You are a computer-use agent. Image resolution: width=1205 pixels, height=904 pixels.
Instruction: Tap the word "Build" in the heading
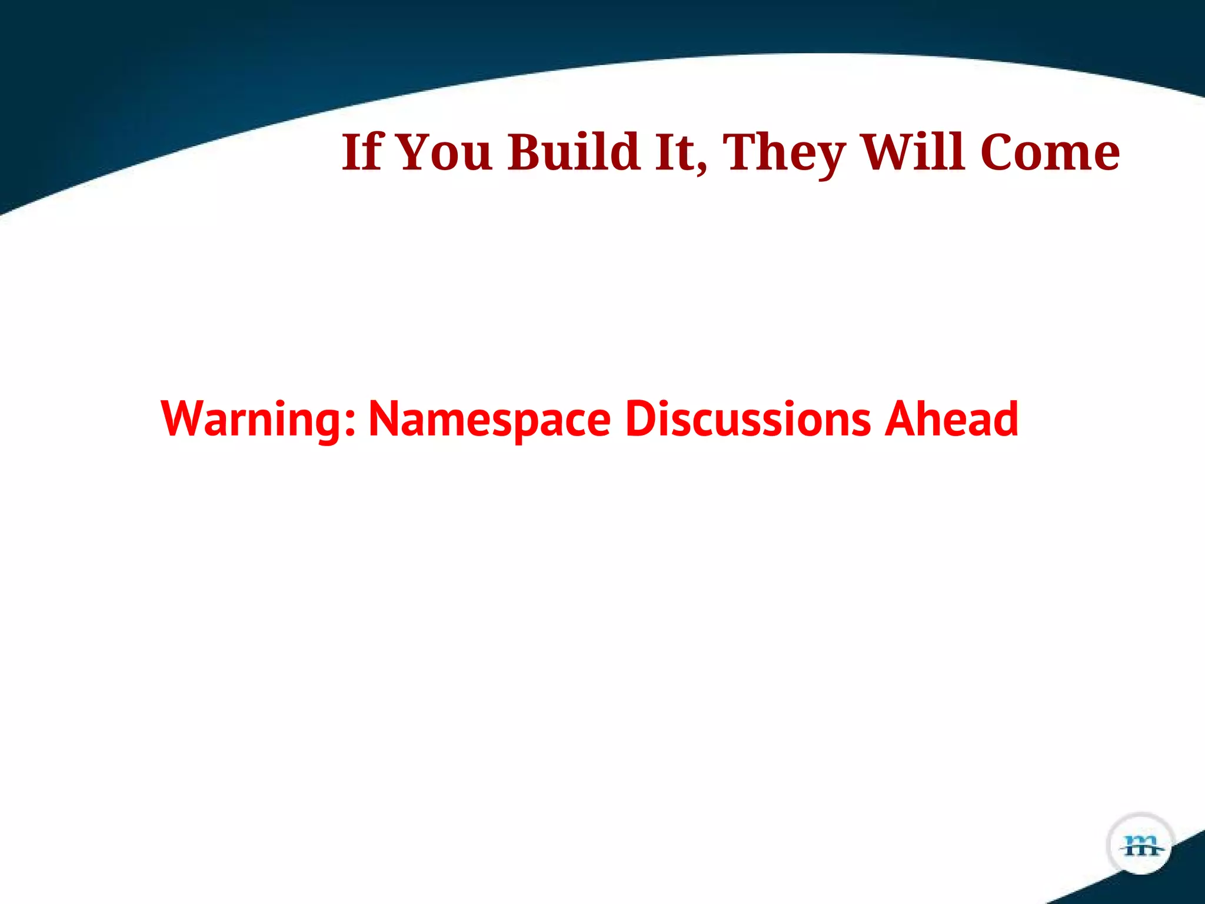coord(574,152)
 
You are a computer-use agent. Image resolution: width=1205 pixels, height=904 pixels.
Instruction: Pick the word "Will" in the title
coord(913,152)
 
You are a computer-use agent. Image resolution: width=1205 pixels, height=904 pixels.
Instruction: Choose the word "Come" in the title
coord(1050,152)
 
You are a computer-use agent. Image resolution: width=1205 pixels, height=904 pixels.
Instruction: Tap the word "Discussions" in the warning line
coord(747,419)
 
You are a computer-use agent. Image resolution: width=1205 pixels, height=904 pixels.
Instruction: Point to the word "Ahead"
coord(951,419)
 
